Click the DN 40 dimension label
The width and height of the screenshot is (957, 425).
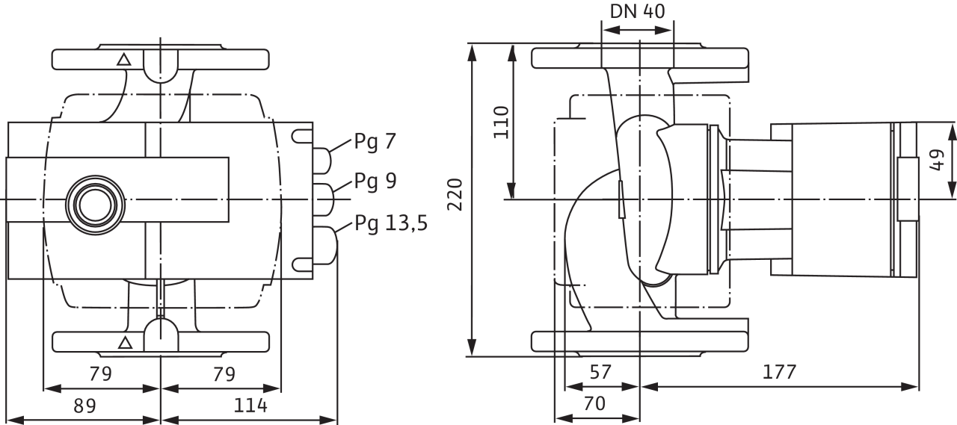pos(638,12)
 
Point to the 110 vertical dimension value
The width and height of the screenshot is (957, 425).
pos(500,122)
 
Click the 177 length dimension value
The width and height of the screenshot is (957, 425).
pos(780,371)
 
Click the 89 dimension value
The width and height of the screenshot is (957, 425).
pos(84,406)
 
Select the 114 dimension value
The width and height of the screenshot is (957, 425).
pos(250,406)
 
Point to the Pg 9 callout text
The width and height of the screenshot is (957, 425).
pos(375,182)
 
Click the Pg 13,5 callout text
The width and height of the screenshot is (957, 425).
pos(391,223)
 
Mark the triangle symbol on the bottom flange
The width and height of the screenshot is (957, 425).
pos(126,343)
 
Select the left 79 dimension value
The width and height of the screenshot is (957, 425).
pos(100,373)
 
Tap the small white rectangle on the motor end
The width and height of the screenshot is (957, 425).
pos(907,189)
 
